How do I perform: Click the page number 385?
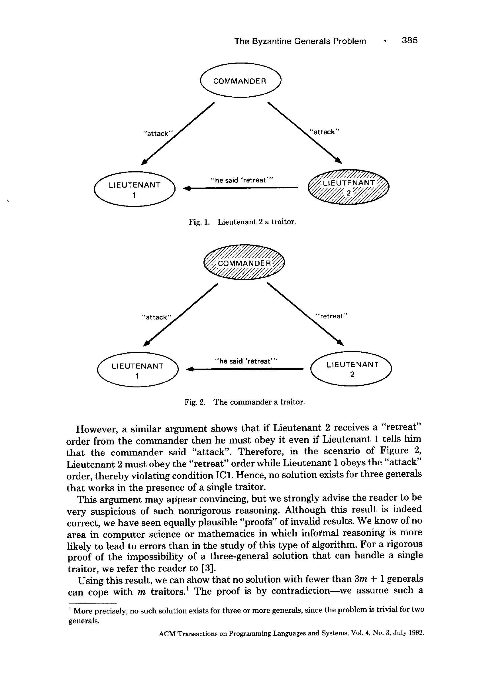coord(409,40)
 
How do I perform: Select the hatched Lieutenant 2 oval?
coord(348,187)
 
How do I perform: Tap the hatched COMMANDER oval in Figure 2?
coord(244,262)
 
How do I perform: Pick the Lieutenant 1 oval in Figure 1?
coord(134,189)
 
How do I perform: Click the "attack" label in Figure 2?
coord(156,317)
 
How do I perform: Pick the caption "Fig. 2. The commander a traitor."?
coord(245,402)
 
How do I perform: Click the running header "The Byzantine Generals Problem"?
coord(300,41)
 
